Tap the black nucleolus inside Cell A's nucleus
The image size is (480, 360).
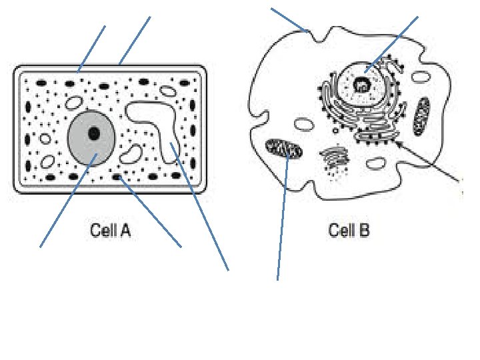[x=94, y=133]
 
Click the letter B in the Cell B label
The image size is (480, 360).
[x=363, y=232]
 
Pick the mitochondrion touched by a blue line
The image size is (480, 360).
[x=284, y=149]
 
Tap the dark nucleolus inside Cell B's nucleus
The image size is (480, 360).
[x=362, y=85]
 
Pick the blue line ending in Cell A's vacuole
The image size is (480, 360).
[x=200, y=207]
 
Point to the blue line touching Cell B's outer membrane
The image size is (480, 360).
[x=288, y=19]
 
